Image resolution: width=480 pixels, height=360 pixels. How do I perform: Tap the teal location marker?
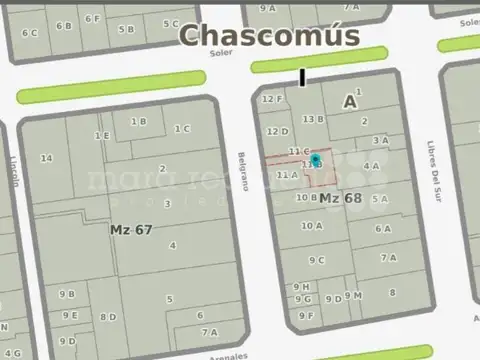pyautogui.click(x=316, y=160)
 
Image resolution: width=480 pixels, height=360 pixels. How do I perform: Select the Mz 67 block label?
pyautogui.click(x=131, y=229)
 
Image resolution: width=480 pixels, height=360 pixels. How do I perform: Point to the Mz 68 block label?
pyautogui.click(x=340, y=198)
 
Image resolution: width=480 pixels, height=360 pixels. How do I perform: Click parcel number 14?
pyautogui.click(x=46, y=158)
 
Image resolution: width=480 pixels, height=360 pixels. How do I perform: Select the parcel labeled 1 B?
pyautogui.click(x=139, y=121)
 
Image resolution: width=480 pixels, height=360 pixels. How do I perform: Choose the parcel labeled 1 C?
pyautogui.click(x=182, y=128)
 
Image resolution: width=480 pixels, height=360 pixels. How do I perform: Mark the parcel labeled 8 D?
pyautogui.click(x=107, y=317)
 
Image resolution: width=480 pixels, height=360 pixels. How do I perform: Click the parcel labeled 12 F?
pyautogui.click(x=272, y=99)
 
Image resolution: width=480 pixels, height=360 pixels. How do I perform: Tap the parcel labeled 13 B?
pyautogui.click(x=313, y=118)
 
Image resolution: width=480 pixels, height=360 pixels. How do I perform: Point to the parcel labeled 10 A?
pyautogui.click(x=312, y=226)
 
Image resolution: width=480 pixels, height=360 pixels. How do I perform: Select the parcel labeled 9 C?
pyautogui.click(x=317, y=260)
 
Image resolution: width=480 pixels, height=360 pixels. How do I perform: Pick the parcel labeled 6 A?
pyautogui.click(x=383, y=228)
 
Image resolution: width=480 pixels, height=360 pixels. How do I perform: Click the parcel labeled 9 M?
pyautogui.click(x=353, y=295)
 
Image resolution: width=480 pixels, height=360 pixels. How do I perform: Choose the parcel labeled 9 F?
pyautogui.click(x=306, y=315)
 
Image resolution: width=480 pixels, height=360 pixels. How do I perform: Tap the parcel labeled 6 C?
pyautogui.click(x=31, y=32)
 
